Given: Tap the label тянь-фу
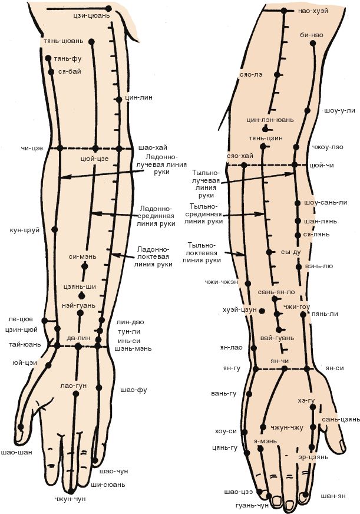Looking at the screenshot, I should tap(67, 60).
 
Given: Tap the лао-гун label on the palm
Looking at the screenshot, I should tap(73, 385).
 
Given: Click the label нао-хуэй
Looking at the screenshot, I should tap(313, 11).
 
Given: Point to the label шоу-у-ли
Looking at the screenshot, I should tap(339, 110).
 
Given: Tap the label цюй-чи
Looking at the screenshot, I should tap(321, 165).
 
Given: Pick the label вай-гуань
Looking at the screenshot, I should tap(276, 338).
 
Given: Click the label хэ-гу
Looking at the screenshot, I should tap(306, 400).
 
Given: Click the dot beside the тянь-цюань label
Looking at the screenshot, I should tap(93, 41).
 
